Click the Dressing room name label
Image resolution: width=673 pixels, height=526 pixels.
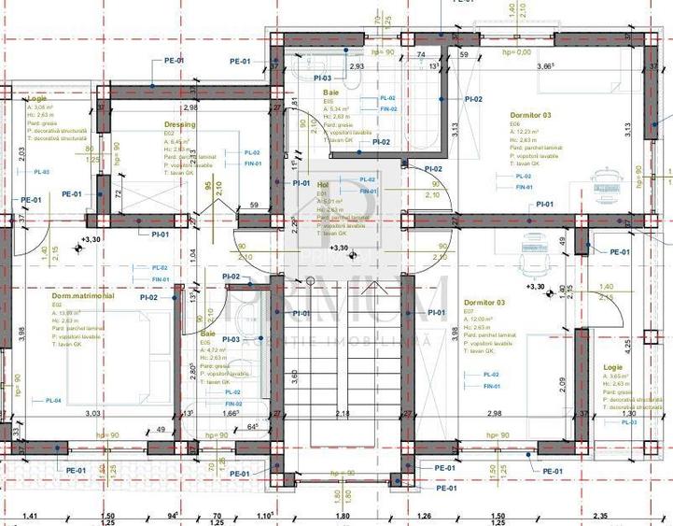[x=179, y=124]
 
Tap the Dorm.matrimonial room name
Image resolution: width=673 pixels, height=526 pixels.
[x=83, y=295]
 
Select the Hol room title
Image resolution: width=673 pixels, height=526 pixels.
[x=324, y=185]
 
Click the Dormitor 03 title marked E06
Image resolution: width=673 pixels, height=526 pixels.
[x=530, y=115]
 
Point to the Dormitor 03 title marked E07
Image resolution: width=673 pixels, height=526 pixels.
[x=484, y=303]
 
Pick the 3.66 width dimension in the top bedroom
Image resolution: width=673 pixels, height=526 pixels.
[x=546, y=66]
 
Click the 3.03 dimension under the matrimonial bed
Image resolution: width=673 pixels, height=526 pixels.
[x=93, y=413]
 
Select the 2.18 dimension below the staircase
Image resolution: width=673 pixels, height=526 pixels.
[x=343, y=413]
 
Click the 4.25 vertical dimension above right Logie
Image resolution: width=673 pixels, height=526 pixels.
[x=602, y=343]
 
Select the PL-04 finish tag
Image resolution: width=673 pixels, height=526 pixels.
[x=53, y=400]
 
